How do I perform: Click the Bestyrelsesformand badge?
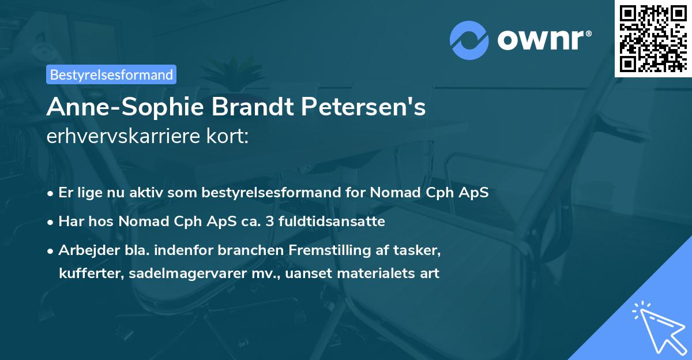tap(111, 74)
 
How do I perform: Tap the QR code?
tap(653, 38)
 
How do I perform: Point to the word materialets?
tap(374, 273)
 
